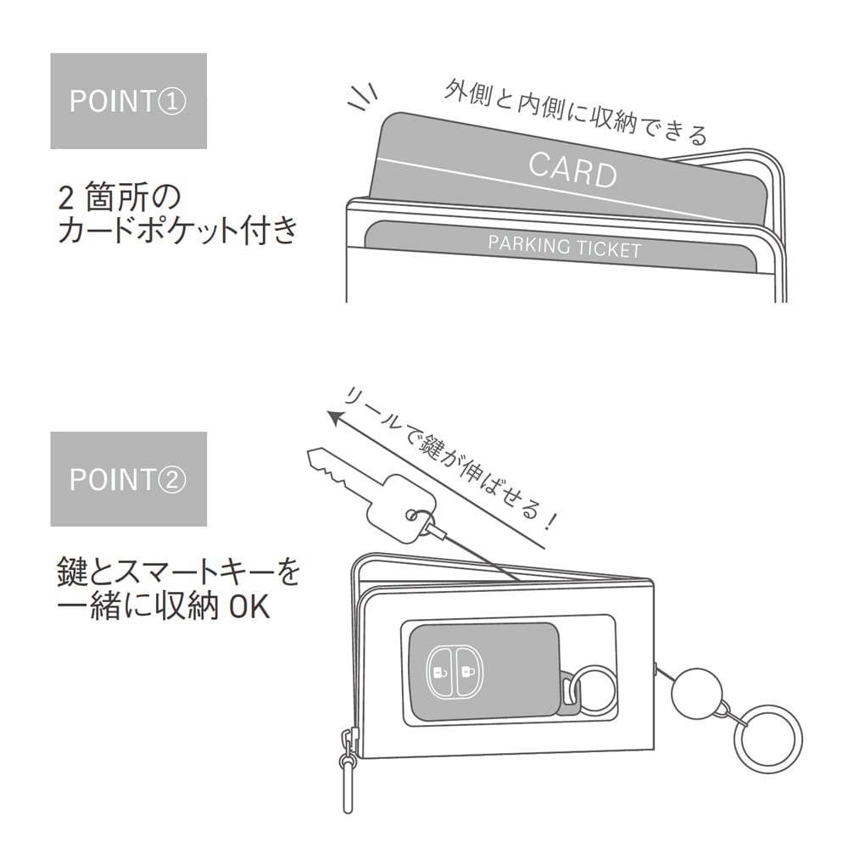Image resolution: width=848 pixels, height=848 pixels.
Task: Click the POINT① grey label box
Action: pos(128,101)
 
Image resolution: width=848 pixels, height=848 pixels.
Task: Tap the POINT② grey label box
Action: pos(128,478)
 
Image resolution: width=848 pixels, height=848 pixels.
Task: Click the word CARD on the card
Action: pos(572,168)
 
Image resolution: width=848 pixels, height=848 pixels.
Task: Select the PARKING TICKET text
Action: pos(564,247)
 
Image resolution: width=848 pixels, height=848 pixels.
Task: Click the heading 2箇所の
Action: pos(119,198)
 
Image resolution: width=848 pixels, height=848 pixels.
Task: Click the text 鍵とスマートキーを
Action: pos(178,574)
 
